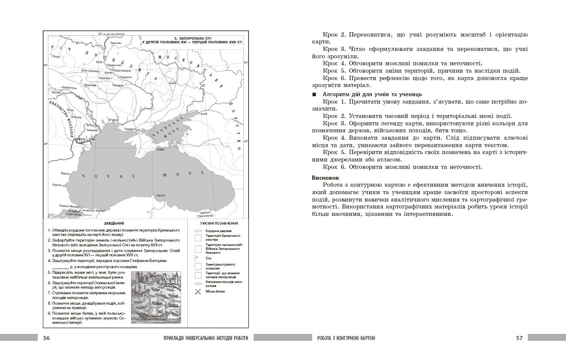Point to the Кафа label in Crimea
161,149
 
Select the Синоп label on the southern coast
161,195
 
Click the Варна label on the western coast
65,173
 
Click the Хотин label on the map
57,93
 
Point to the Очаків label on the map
113,120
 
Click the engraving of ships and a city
156,297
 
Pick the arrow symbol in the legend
198,283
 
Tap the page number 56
47,338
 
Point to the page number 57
519,338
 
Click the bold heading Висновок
326,178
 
